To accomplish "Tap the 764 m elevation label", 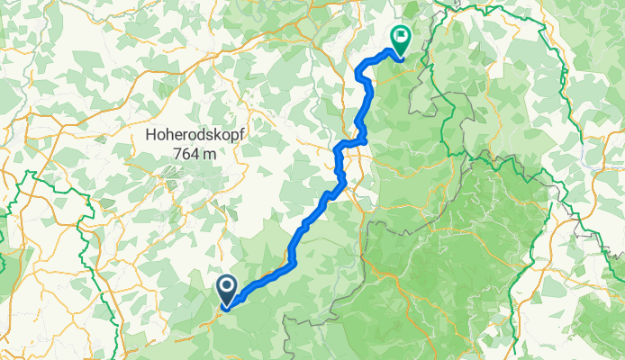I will pos(195,153).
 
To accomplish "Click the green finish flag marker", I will pos(399,38).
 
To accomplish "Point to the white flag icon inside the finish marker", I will pos(399,36).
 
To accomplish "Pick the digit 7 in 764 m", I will pos(177,153).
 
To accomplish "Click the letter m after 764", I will pos(210,153).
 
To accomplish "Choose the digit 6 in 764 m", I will pos(186,153).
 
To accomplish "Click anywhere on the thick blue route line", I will pos(297,243).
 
